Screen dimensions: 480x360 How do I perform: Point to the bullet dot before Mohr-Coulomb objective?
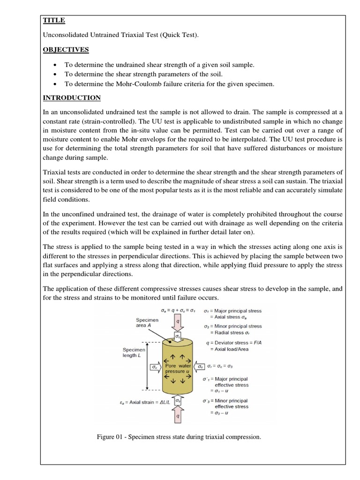[56, 84]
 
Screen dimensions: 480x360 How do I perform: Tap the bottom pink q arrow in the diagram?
[177, 415]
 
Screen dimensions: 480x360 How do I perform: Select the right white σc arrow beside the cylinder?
[200, 367]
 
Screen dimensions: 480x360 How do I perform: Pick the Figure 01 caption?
[178, 437]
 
